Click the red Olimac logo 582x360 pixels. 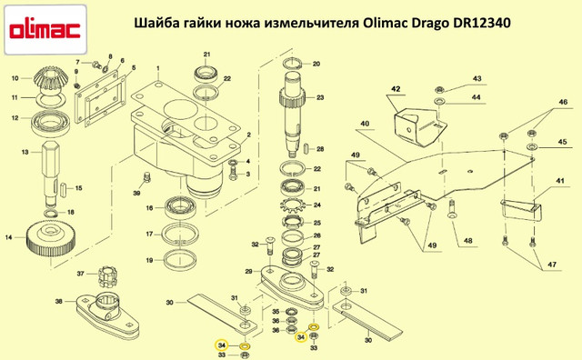point(45,30)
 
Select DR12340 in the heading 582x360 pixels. point(482,23)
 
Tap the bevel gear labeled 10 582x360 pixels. point(50,79)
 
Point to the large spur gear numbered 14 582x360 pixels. point(51,239)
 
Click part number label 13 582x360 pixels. point(25,152)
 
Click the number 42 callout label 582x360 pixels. point(396,89)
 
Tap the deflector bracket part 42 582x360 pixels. point(419,126)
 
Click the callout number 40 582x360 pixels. point(365,124)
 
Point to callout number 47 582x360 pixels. point(552,265)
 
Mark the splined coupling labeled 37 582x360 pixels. point(107,276)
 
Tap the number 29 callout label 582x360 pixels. point(248,272)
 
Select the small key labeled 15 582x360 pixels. point(63,188)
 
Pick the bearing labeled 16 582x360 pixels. point(181,208)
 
